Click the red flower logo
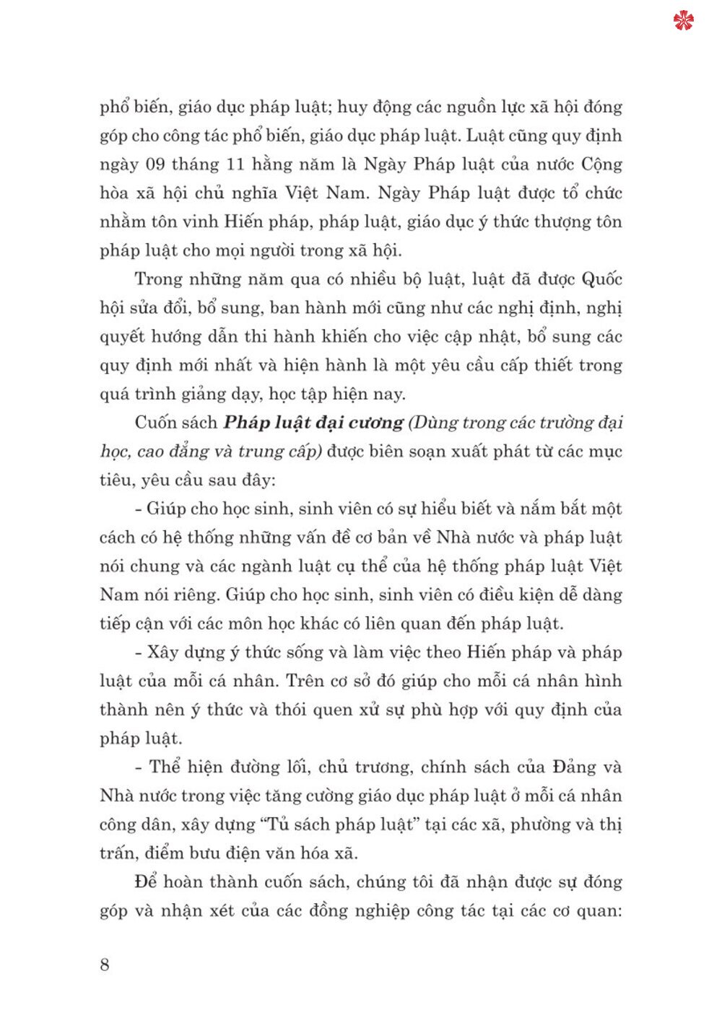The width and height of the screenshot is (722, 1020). pos(683,20)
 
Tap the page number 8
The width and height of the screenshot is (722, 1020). pos(105,964)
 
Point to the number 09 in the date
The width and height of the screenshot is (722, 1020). pos(155,164)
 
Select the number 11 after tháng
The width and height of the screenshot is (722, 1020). pos(235,164)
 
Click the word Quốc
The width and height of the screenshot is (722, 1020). pos(601,279)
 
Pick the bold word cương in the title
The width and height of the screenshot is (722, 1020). pos(376,423)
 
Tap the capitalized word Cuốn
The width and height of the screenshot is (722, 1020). pos(155,423)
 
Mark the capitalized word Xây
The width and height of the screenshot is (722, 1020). pos(162,652)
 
